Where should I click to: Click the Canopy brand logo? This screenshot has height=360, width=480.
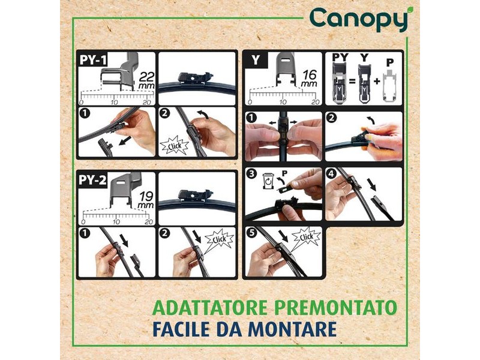(359, 19)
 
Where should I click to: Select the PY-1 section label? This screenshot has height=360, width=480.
(93, 59)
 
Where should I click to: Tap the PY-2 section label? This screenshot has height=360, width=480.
(92, 179)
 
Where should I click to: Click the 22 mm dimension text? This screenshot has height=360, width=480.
(146, 80)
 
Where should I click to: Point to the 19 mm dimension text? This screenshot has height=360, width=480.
(146, 200)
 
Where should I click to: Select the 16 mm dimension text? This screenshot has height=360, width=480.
(309, 79)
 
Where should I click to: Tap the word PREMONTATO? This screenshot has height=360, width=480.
(336, 308)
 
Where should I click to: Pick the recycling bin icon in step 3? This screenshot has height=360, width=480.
(268, 181)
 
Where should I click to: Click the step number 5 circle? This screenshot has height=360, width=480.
(251, 233)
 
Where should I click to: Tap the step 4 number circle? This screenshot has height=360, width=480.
(332, 174)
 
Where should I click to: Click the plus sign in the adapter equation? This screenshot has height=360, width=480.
(377, 81)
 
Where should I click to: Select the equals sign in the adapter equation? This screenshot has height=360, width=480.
(352, 82)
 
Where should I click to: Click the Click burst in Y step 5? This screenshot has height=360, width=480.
(306, 237)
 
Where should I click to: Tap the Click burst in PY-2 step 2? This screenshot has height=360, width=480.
(219, 239)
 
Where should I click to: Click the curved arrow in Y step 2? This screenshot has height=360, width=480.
(371, 120)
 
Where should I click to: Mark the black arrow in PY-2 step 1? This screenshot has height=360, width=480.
(124, 240)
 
